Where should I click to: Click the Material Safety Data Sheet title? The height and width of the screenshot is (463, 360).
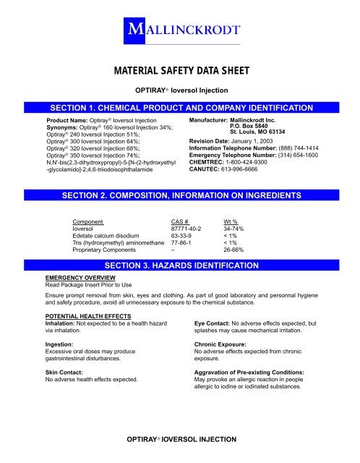tap(179, 72)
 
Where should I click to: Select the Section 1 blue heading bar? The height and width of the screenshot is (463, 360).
tap(179, 107)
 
